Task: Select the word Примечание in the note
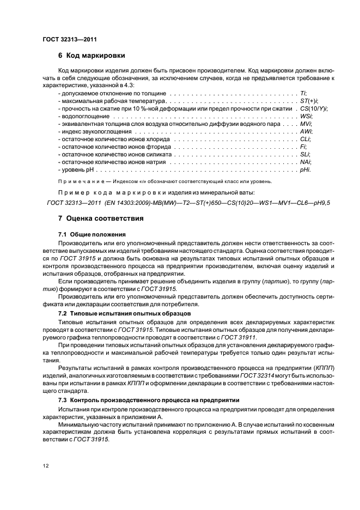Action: [x=78, y=181]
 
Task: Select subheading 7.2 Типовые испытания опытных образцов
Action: [x=124, y=314]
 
